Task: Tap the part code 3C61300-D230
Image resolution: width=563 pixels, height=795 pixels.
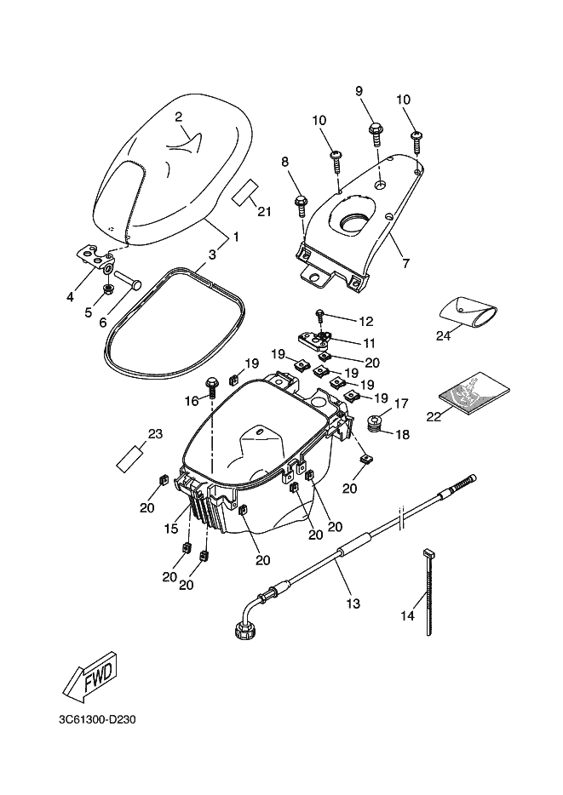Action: coord(97,720)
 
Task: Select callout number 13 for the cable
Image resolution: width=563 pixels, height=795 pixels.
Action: coord(353,603)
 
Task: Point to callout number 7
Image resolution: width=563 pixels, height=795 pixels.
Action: coord(405,264)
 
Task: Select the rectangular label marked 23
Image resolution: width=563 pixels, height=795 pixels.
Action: coord(131,458)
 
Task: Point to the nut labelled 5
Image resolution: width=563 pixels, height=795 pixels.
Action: coord(107,289)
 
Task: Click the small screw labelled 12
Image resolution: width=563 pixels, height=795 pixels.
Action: coord(320,317)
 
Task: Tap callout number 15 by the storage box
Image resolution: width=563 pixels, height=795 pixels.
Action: coord(171,529)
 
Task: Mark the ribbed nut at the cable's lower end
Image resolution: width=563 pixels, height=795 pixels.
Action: coord(244,631)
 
